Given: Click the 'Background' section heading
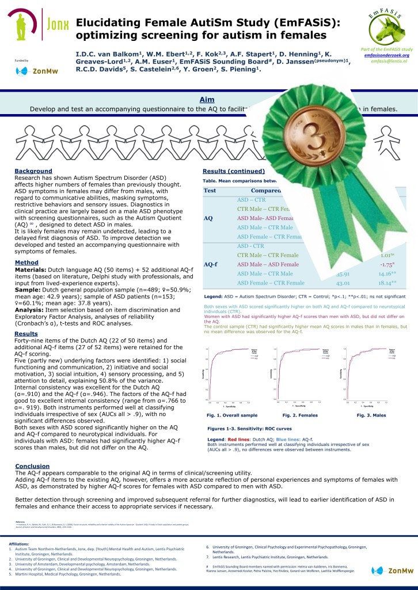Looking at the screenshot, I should click(x=33, y=171).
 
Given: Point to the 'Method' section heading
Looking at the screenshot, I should click(x=26, y=263).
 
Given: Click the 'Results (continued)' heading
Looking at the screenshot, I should click(x=234, y=171).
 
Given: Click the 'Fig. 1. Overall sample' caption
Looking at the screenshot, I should click(x=233, y=415).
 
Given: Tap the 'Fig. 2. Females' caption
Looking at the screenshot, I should click(x=301, y=415).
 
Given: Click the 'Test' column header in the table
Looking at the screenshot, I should click(x=210, y=191).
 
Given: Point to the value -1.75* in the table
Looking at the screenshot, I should click(x=382, y=264).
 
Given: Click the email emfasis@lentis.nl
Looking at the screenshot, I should click(x=389, y=60).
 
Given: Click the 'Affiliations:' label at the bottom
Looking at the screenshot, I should click(x=20, y=543).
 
